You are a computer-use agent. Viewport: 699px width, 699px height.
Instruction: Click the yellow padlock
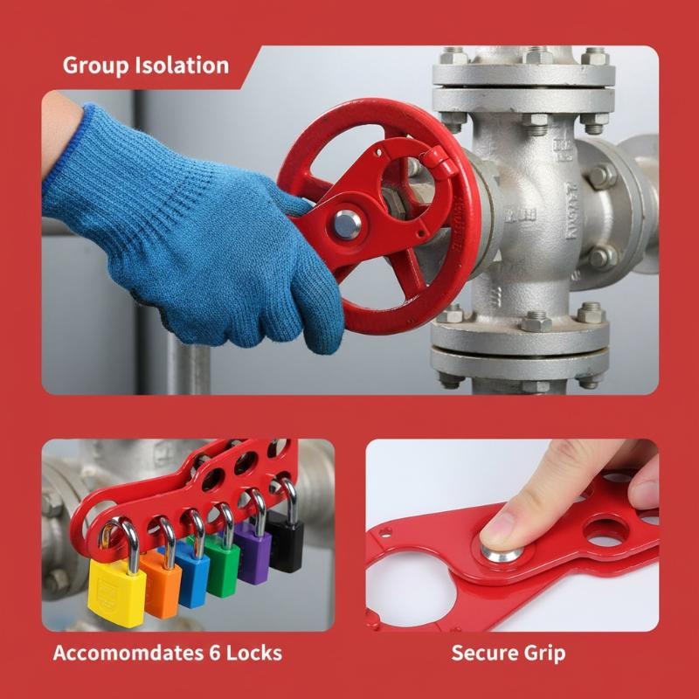117,588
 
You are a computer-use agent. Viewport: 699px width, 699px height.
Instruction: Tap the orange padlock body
162,585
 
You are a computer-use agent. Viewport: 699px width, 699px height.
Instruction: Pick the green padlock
223,571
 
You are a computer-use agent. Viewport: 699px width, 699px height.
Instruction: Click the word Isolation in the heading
182,65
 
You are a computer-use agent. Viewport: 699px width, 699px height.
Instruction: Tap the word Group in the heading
95,66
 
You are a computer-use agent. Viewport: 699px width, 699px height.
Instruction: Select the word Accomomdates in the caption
127,653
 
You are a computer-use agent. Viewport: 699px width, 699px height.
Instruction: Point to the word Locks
254,653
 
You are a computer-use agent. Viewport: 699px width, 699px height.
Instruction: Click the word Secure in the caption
484,653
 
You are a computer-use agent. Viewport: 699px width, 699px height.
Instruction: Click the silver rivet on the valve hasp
347,225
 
